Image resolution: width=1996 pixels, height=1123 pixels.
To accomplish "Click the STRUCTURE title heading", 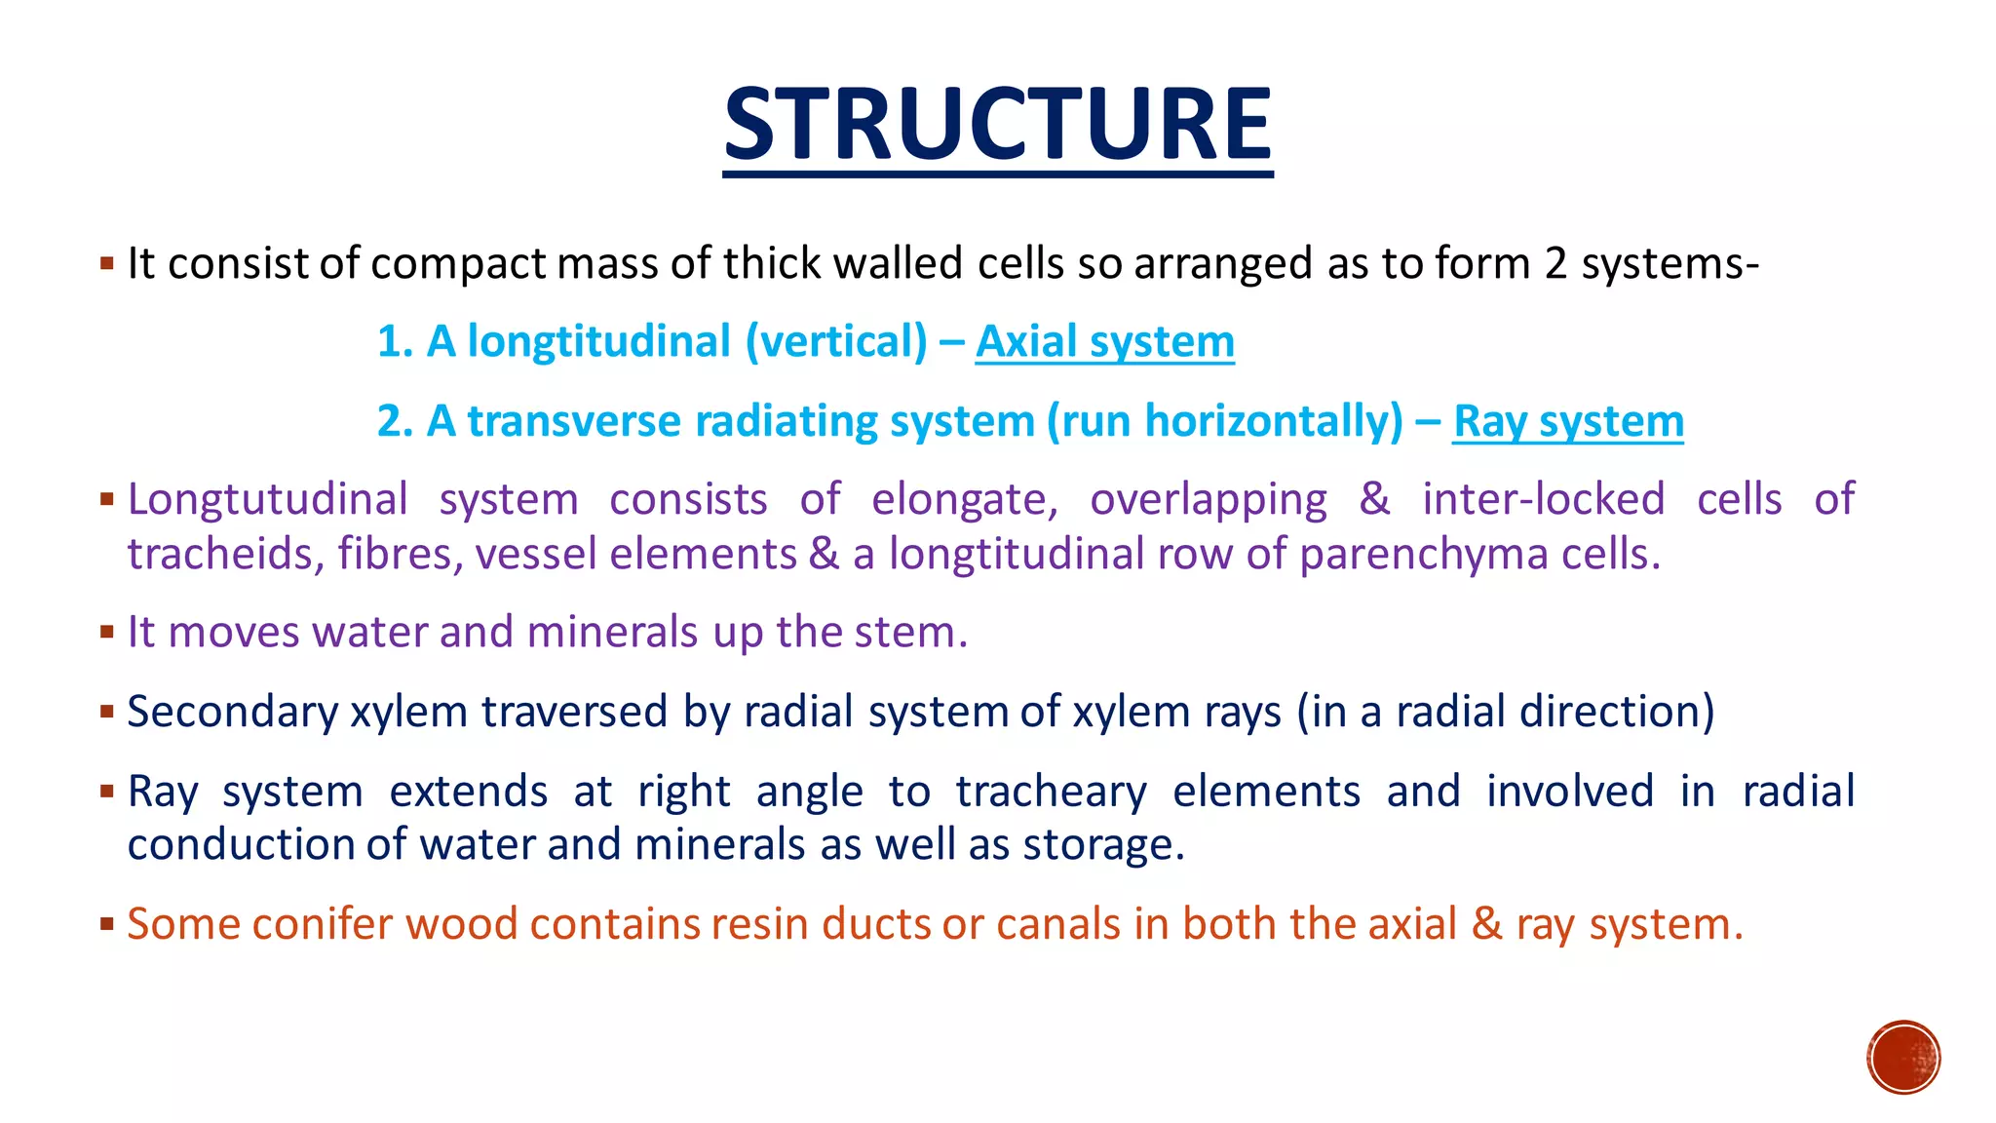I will pos(997,125).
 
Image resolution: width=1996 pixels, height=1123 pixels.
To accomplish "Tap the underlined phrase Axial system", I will pos(1104,342).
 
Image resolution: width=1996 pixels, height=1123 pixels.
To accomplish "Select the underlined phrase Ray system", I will pos(1567,422).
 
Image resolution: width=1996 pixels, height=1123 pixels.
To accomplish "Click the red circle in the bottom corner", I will pos(1903,1058).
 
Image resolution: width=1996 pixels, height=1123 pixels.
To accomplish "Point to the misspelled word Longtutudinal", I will pos(267,500).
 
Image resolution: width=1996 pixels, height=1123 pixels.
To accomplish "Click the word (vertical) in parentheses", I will pos(836,342).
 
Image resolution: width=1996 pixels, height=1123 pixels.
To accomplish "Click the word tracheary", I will pos(1051,792).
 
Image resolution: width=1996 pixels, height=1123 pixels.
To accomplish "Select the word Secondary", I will pos(232,712).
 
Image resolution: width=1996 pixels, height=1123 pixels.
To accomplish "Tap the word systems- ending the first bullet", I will pos(1670,264).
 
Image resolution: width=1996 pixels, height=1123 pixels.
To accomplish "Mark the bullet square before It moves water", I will pos(107,632).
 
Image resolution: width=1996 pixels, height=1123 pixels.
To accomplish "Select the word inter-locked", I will pos(1543,500).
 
